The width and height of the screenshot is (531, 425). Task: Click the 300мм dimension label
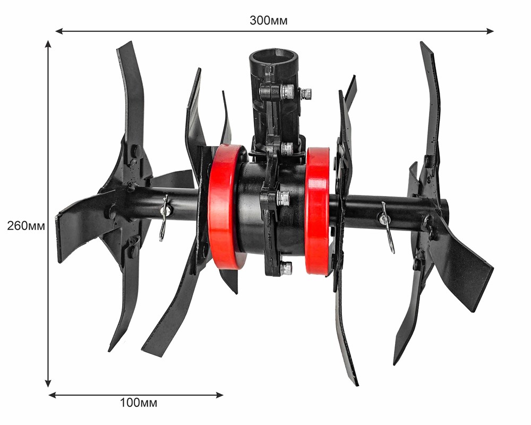tap(269, 21)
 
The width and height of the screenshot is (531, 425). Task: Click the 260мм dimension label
tap(26, 226)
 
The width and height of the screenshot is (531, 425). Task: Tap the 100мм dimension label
tap(139, 403)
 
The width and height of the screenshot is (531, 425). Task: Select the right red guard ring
tap(318, 210)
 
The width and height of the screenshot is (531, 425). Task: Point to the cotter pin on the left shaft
tap(165, 218)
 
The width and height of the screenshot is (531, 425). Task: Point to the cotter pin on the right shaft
tap(387, 226)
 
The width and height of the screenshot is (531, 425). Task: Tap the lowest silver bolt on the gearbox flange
tap(286, 268)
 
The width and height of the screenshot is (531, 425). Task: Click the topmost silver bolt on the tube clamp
tap(287, 91)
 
